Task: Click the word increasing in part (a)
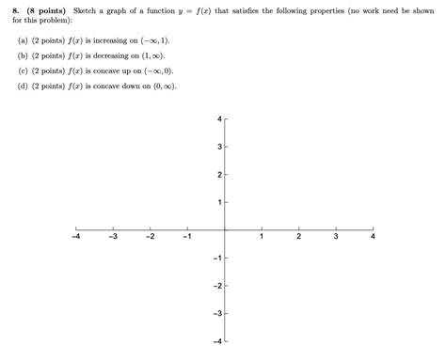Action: pos(119,41)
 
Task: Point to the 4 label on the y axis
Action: pos(218,119)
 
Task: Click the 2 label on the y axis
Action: pos(218,175)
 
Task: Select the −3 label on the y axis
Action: pos(215,313)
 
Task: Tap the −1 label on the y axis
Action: pos(215,258)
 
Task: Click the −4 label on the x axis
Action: pos(75,237)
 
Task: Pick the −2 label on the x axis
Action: pos(150,237)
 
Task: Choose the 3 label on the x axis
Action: pos(335,237)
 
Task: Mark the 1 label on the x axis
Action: pos(262,237)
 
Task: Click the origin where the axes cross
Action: pos(225,229)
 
